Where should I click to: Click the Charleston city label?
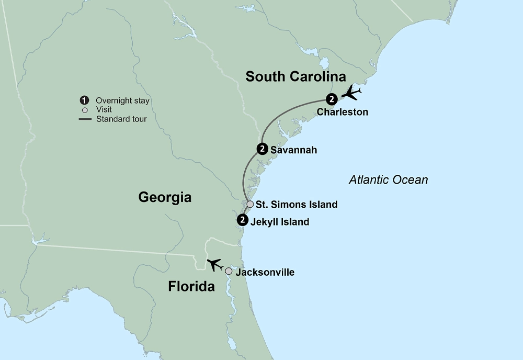pos(342,112)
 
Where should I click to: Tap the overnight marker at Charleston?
pos(331,98)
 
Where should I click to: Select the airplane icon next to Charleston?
pos(351,94)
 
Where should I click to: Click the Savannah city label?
pos(293,150)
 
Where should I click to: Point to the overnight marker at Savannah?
pos(263,149)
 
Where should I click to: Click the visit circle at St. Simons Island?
pos(250,204)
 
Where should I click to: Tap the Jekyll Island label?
pos(280,222)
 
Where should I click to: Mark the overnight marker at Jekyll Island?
pos(242,220)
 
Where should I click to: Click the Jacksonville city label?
pos(265,273)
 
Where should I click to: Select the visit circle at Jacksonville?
pos(229,271)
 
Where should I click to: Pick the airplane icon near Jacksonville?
pos(214,265)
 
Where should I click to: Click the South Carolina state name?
pos(295,77)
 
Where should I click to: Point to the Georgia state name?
pos(165,197)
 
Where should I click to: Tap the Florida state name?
pos(191,287)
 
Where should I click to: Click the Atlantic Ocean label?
pos(388,180)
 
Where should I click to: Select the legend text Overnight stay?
pos(122,100)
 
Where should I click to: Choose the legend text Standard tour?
pos(121,119)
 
